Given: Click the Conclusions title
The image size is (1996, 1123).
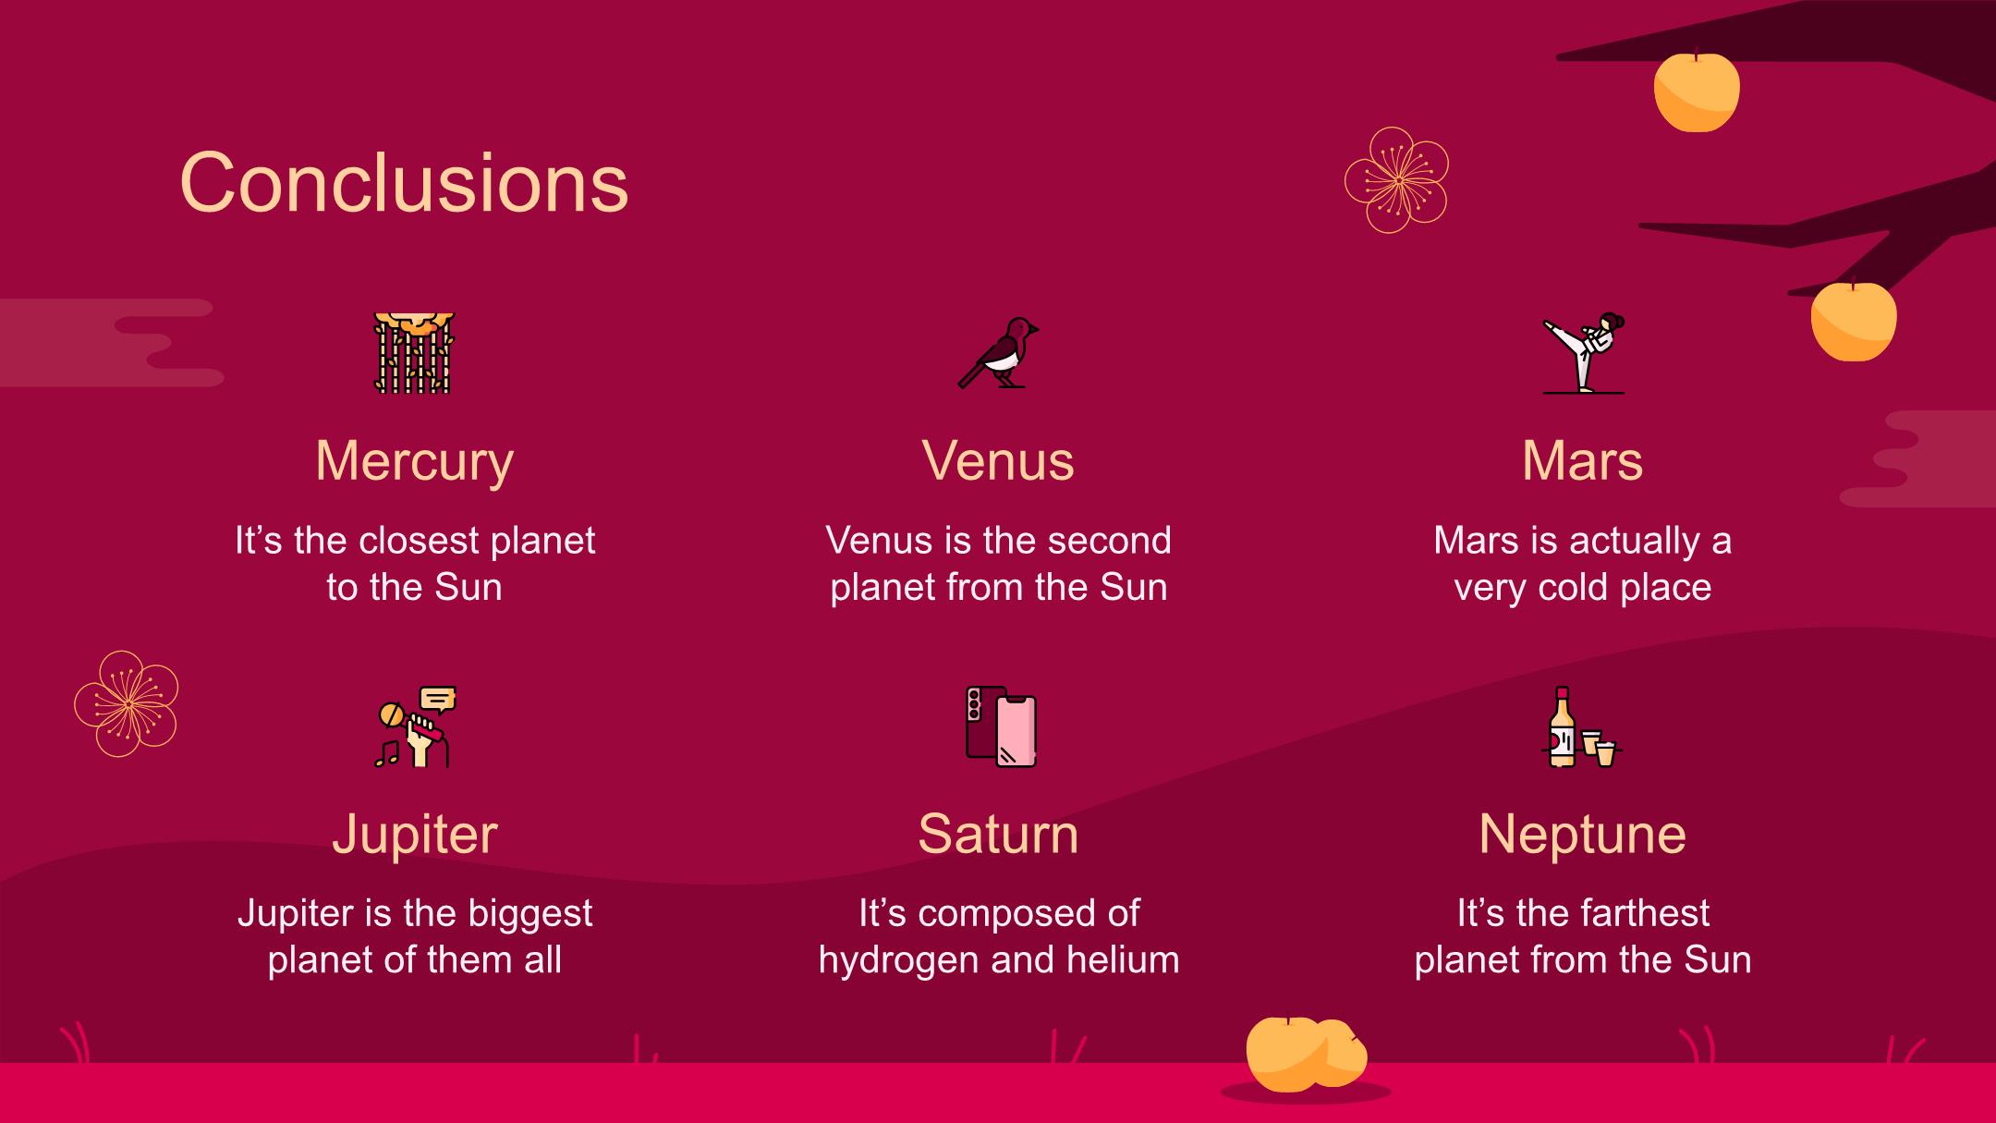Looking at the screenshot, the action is [x=404, y=183].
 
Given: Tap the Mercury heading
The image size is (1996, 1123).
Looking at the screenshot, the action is [x=414, y=461].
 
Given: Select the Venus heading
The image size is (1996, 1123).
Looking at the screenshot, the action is [x=998, y=460].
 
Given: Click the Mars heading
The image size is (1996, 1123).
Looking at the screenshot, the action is [x=1582, y=460].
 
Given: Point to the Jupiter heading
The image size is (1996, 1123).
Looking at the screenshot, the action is [x=414, y=835].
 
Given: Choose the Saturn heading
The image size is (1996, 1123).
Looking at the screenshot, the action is [x=998, y=834].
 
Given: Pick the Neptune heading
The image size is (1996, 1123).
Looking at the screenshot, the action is [x=1582, y=835].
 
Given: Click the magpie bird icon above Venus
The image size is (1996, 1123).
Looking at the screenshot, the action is [x=998, y=353].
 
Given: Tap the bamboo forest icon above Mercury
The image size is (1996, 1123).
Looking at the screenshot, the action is [x=414, y=353].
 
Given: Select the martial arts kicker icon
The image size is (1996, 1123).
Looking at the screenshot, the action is [x=1583, y=353].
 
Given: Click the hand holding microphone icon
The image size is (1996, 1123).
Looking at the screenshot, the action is [x=415, y=726].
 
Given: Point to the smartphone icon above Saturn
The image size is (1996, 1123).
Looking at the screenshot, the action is [x=1001, y=726].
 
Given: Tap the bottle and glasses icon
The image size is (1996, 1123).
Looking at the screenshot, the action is [x=1584, y=726].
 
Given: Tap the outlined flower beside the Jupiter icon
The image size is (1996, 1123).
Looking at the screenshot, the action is [x=127, y=704].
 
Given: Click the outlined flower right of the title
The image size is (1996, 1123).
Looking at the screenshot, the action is [x=1396, y=180].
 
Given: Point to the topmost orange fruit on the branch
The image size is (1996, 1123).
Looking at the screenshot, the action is [x=1697, y=91].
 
